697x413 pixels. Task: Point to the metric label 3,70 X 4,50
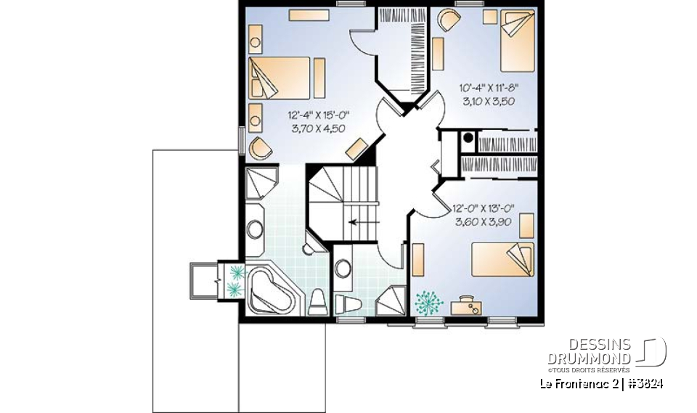(317, 128)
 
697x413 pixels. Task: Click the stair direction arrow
(358, 223)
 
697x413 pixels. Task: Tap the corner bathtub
(274, 292)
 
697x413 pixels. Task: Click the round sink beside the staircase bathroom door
(343, 269)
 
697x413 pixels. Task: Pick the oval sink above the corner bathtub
(255, 229)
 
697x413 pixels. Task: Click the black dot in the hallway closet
(468, 136)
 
